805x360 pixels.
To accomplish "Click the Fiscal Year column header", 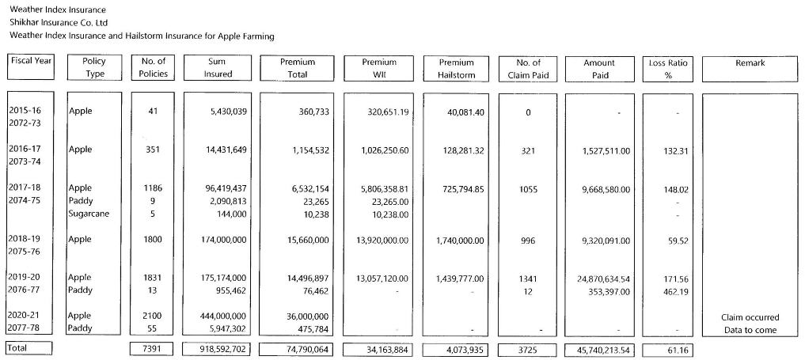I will (32, 61).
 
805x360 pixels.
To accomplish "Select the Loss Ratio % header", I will (667, 68).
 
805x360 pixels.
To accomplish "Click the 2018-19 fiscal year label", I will (25, 239).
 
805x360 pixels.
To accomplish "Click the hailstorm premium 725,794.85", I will (459, 189).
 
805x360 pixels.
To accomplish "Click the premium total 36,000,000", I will (306, 316).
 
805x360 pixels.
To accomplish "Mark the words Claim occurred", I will (750, 317).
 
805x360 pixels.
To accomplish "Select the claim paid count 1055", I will (528, 189).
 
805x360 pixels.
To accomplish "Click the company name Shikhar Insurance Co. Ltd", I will (57, 22).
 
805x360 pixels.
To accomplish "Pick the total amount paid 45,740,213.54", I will (598, 349).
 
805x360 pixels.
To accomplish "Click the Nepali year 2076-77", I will (25, 290).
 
